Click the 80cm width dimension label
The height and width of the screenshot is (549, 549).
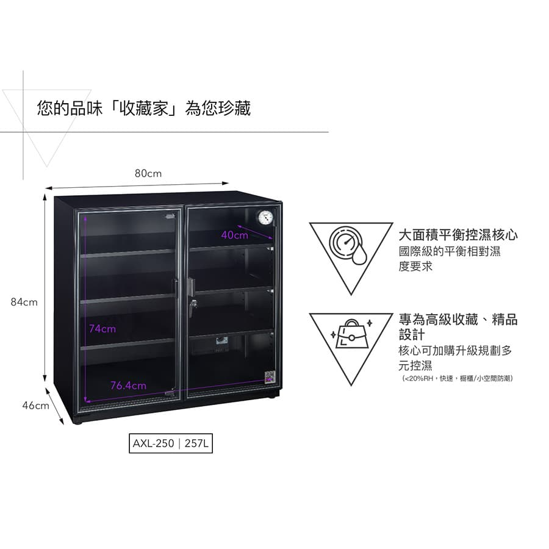[148, 174]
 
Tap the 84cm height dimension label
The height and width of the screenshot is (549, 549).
[24, 302]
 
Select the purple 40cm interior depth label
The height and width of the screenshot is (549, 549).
[235, 235]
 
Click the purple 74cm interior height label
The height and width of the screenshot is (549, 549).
[102, 329]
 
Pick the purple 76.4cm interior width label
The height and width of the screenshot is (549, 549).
[128, 386]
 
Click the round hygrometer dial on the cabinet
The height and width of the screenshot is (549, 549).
[265, 218]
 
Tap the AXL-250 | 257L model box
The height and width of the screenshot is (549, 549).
[171, 443]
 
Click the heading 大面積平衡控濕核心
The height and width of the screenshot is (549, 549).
[458, 235]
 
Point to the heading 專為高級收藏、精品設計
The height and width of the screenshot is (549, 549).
[458, 328]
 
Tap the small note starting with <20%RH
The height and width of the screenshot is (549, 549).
[457, 379]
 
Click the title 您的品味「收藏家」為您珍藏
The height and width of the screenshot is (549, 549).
[143, 109]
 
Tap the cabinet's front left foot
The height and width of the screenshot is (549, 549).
[78, 420]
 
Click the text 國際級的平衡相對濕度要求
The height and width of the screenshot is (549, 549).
[450, 259]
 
